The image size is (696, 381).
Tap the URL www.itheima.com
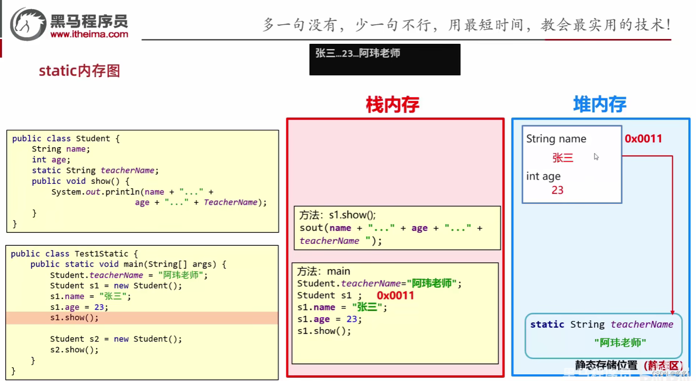[x=89, y=34]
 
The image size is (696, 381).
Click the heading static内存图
[x=79, y=71]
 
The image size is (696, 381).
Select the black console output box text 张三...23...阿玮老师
[x=358, y=53]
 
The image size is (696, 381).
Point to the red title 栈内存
[x=392, y=105]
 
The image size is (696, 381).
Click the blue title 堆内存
[x=599, y=104]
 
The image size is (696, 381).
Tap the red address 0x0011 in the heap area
[x=644, y=139]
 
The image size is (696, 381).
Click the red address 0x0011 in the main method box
[x=395, y=295]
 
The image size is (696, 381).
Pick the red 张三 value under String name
[x=563, y=158]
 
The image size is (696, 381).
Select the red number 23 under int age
[x=557, y=190]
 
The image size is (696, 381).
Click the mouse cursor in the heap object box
[x=596, y=156]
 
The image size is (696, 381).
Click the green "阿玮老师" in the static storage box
[x=620, y=342]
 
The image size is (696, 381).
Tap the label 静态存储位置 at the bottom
[x=606, y=365]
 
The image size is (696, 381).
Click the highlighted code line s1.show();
[x=74, y=318]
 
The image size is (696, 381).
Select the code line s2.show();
[x=74, y=350]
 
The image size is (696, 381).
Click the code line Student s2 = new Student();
[x=116, y=339]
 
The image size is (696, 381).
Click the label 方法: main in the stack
[x=323, y=271]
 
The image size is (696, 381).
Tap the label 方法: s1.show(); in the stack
[x=335, y=215]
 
